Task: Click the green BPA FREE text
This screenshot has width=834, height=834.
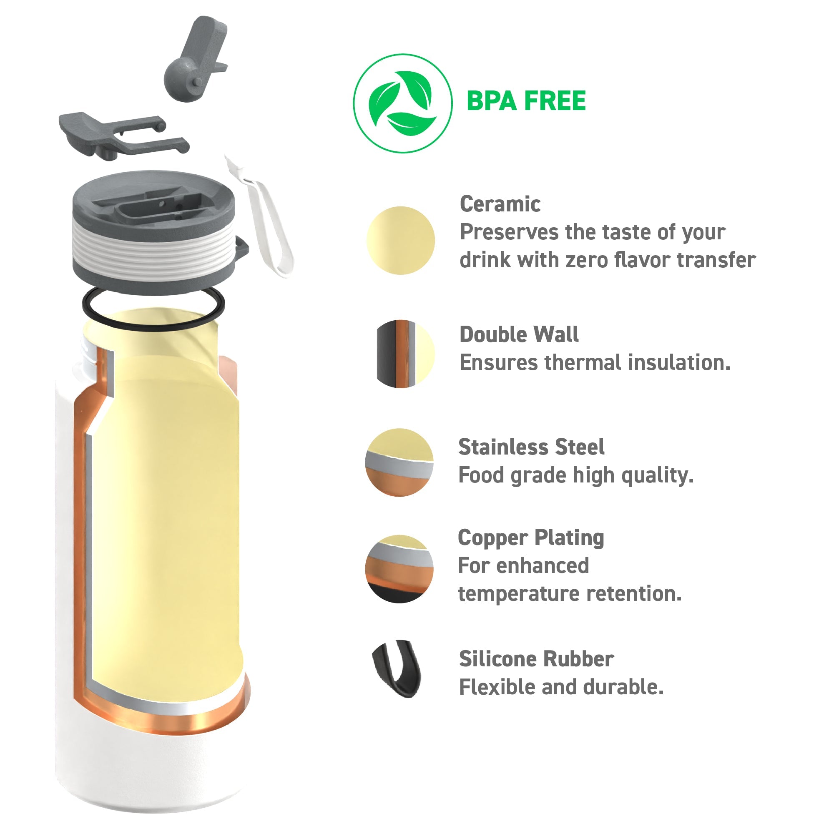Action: click(526, 101)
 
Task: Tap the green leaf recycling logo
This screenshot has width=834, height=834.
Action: click(403, 103)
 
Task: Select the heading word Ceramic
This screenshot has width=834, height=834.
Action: click(500, 204)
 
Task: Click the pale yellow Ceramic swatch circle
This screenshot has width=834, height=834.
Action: click(401, 241)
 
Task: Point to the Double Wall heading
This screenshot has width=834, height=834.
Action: click(519, 334)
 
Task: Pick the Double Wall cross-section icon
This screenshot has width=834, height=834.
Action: click(405, 354)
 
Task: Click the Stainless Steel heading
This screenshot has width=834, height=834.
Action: click(531, 447)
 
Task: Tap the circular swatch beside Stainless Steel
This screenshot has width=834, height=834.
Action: click(399, 462)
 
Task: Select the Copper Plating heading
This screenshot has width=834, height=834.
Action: click(531, 538)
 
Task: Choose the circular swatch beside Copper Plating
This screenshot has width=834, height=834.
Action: click(399, 569)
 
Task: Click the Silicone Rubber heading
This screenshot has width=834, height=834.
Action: click(536, 659)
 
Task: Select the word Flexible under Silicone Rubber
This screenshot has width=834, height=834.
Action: click(497, 687)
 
